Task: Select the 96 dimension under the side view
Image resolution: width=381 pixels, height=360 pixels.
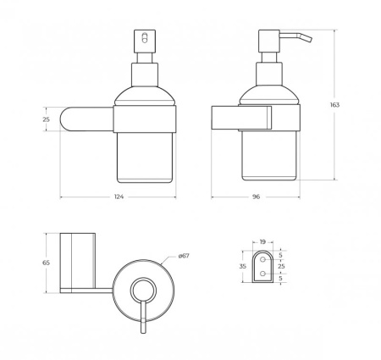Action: point(255,197)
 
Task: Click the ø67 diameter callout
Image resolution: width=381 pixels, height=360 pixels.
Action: point(182,256)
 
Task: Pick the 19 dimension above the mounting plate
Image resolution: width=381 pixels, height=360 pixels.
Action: point(262,242)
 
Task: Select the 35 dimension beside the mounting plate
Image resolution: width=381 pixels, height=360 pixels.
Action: point(243,266)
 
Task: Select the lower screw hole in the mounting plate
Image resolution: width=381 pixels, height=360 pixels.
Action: point(262,275)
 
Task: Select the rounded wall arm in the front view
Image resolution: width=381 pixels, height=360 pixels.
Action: point(86,119)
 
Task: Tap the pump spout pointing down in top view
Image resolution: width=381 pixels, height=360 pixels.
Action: point(142,326)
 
